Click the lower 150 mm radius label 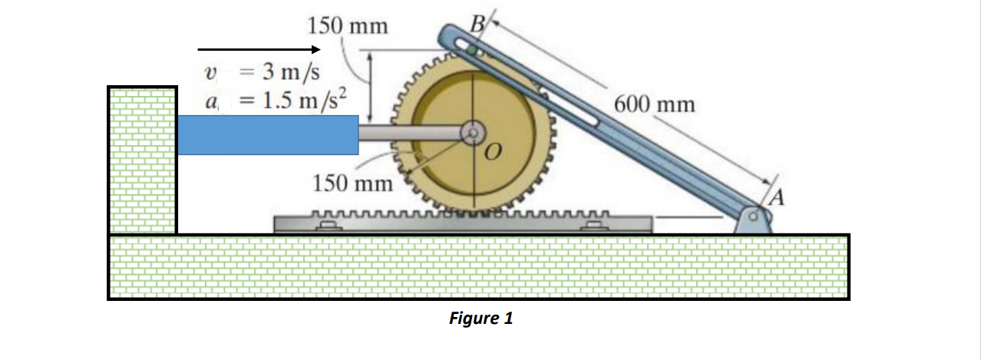click(352, 184)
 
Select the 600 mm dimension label click(655, 104)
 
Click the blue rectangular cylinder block click(268, 134)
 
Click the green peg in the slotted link click(474, 52)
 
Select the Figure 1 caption click(481, 318)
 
